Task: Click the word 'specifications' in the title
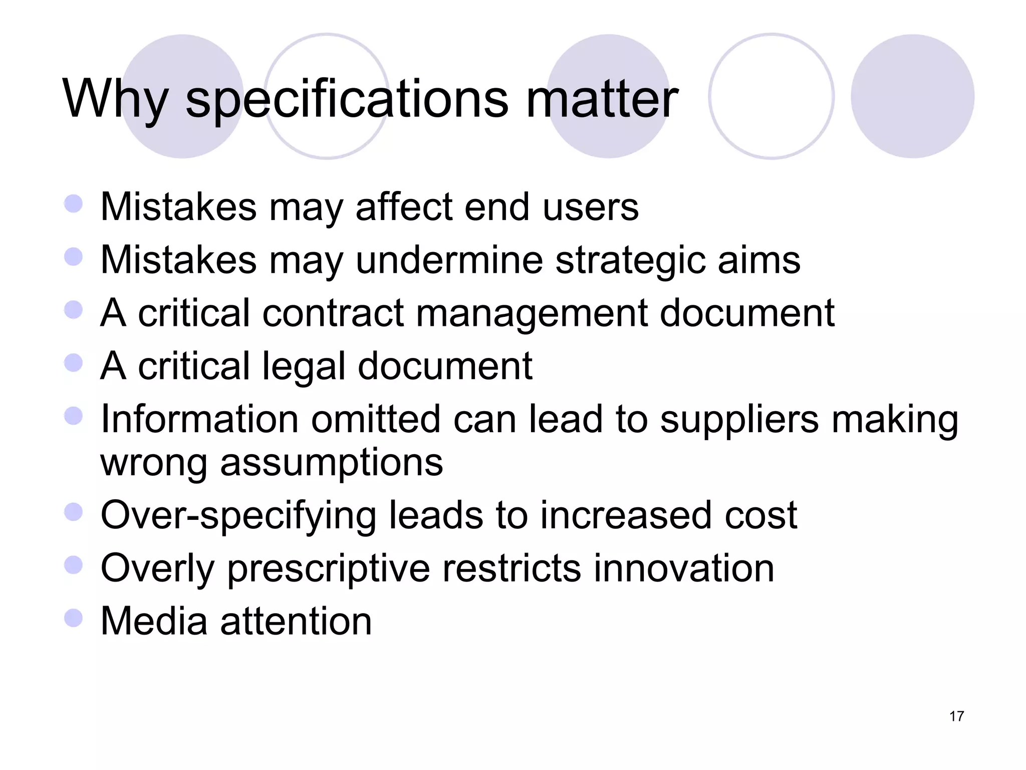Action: coord(347,100)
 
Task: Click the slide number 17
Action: coord(956,716)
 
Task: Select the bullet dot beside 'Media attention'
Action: coord(74,618)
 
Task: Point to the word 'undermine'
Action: coord(449,260)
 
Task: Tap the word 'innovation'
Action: coord(684,568)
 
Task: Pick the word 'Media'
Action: coord(154,621)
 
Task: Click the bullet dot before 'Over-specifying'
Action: coord(74,512)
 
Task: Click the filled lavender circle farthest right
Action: coord(912,96)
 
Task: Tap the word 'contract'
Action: coord(333,313)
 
